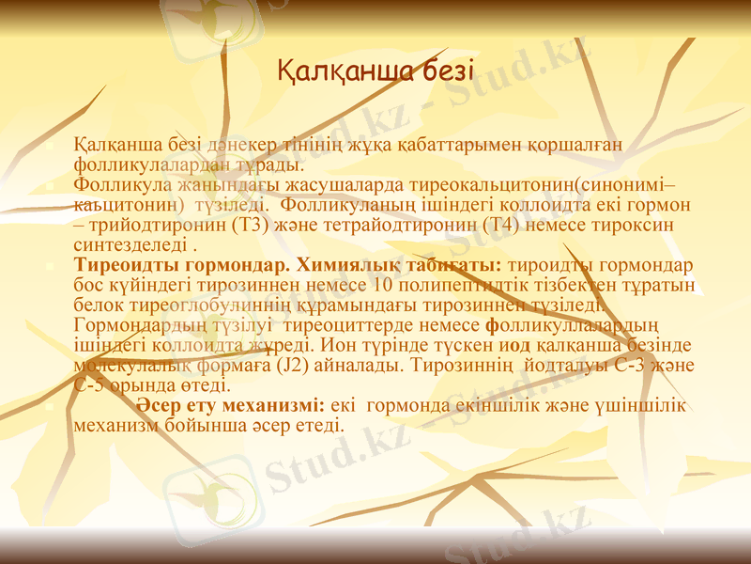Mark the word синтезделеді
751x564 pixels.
[130, 247]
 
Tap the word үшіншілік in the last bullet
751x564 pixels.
[642, 406]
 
